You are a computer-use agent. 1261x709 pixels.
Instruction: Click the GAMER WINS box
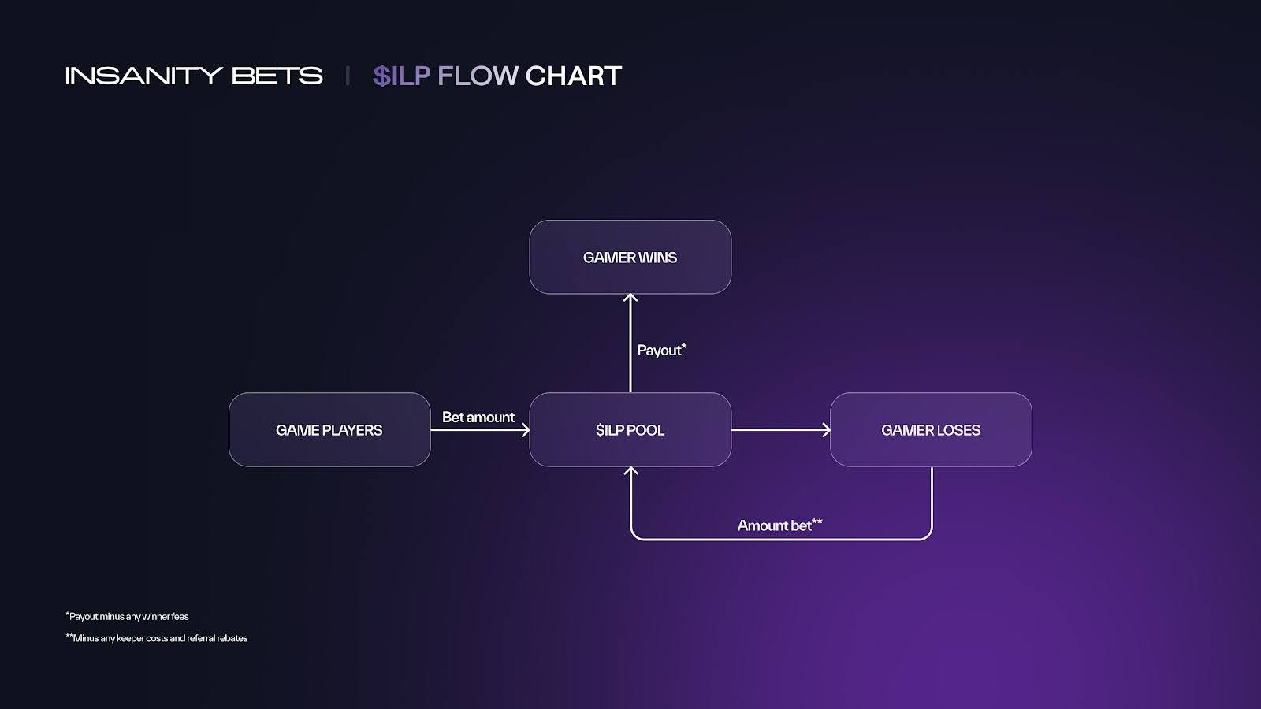(630, 257)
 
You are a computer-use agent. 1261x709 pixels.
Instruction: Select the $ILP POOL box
(630, 429)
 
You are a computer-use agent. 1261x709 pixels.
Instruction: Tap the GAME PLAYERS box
(329, 429)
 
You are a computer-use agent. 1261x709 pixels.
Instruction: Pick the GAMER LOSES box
(931, 429)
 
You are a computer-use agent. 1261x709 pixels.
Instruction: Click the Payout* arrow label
(661, 350)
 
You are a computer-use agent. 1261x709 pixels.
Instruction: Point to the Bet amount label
(478, 417)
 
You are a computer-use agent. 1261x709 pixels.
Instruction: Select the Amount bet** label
(779, 525)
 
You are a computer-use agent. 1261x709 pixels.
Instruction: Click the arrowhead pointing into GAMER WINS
(630, 299)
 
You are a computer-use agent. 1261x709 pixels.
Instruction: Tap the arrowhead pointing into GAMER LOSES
(826, 429)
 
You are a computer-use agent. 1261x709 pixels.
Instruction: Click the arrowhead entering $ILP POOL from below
(630, 471)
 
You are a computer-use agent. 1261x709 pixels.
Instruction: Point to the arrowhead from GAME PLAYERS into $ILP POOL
(525, 429)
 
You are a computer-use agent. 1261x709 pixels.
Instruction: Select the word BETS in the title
(277, 76)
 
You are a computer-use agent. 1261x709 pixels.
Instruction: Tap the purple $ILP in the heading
(401, 76)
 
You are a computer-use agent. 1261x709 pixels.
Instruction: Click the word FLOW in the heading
(478, 76)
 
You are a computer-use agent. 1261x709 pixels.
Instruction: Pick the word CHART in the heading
(573, 76)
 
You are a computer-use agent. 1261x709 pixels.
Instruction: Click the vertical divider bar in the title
(347, 76)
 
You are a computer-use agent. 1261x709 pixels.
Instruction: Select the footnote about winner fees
(128, 616)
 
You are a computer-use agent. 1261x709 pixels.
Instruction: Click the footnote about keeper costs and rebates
(157, 638)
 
